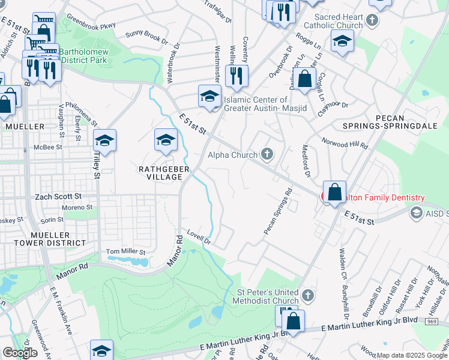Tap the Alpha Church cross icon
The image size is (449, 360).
pyautogui.click(x=268, y=155)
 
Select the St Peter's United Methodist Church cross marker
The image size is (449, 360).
pyautogui.click(x=307, y=295)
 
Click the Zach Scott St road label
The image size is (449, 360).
pyautogui.click(x=59, y=196)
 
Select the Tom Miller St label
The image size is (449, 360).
pyautogui.click(x=125, y=251)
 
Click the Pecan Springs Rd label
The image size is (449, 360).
pyautogui.click(x=278, y=212)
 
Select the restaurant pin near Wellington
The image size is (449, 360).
pyautogui.click(x=236, y=75)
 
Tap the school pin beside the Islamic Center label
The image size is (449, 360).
pyautogui.click(x=209, y=96)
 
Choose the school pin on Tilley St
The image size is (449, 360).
pyautogui.click(x=104, y=140)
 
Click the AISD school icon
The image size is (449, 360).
pyautogui.click(x=416, y=214)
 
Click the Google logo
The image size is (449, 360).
pyautogui.click(x=20, y=353)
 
